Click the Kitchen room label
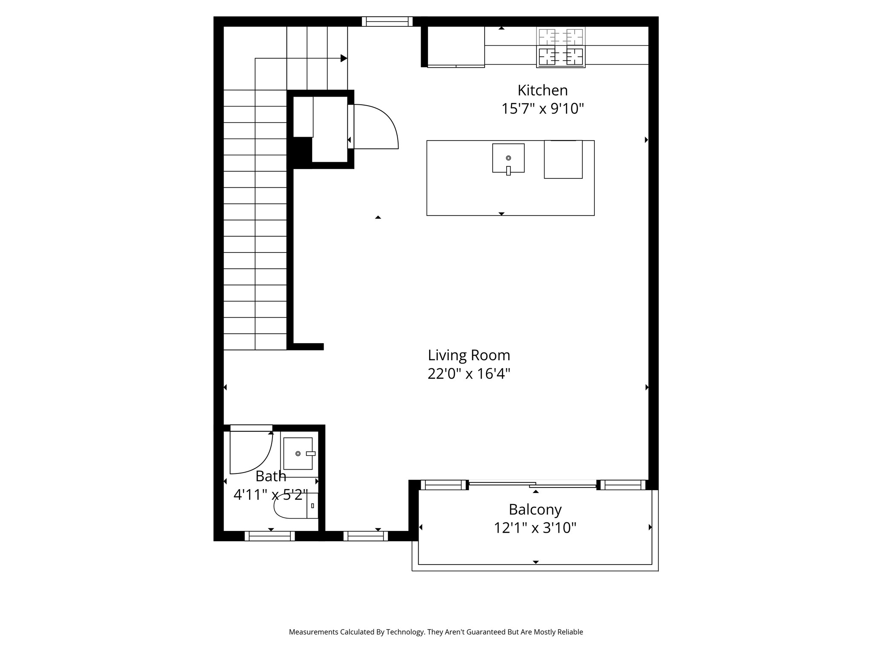pos(542,90)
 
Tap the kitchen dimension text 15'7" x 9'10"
pos(542,109)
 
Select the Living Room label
pos(469,355)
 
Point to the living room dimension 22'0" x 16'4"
pos(469,374)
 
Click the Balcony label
pos(535,509)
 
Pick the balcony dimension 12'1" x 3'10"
pos(535,528)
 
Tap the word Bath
pos(271,476)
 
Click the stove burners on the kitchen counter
pos(561,47)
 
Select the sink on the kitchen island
pos(508,158)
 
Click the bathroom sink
pos(298,453)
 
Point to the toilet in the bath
pos(294,506)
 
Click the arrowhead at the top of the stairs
pos(344,58)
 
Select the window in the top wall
pos(387,22)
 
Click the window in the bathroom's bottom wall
pos(270,536)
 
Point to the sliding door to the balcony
pos(532,485)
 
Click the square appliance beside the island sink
pos(563,160)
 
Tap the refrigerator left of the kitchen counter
pos(456,46)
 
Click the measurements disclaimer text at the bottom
pos(436,632)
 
